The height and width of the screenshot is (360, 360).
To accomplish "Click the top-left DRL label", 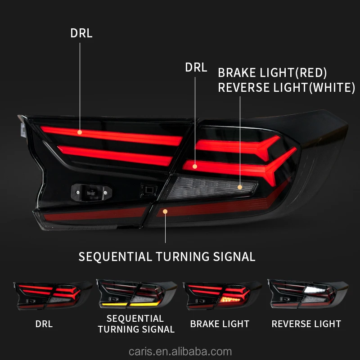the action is (x=81, y=33).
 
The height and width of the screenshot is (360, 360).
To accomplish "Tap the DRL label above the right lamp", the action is (x=196, y=68).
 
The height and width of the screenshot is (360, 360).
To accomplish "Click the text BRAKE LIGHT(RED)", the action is (x=272, y=73).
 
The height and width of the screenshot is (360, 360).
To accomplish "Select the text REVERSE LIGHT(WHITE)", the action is (x=287, y=87).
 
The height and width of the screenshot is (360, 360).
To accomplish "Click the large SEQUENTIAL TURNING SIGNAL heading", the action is (x=167, y=257).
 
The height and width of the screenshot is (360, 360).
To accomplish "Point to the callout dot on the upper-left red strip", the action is (x=80, y=132).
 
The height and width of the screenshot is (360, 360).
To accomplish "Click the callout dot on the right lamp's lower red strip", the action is (x=195, y=166).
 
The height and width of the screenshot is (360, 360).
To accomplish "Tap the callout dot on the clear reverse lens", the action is (x=240, y=187).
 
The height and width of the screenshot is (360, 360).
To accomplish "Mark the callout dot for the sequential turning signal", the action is (x=165, y=211).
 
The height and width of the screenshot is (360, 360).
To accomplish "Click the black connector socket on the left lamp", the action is (x=90, y=193).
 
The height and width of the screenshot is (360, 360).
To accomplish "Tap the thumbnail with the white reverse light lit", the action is (x=308, y=293).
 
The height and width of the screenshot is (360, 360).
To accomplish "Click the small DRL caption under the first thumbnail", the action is (x=44, y=324).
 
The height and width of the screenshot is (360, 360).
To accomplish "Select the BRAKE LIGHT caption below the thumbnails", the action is (x=220, y=324).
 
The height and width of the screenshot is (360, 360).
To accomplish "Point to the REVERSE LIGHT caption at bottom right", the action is (x=306, y=324).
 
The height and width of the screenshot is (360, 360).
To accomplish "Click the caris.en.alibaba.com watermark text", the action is (x=180, y=351).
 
